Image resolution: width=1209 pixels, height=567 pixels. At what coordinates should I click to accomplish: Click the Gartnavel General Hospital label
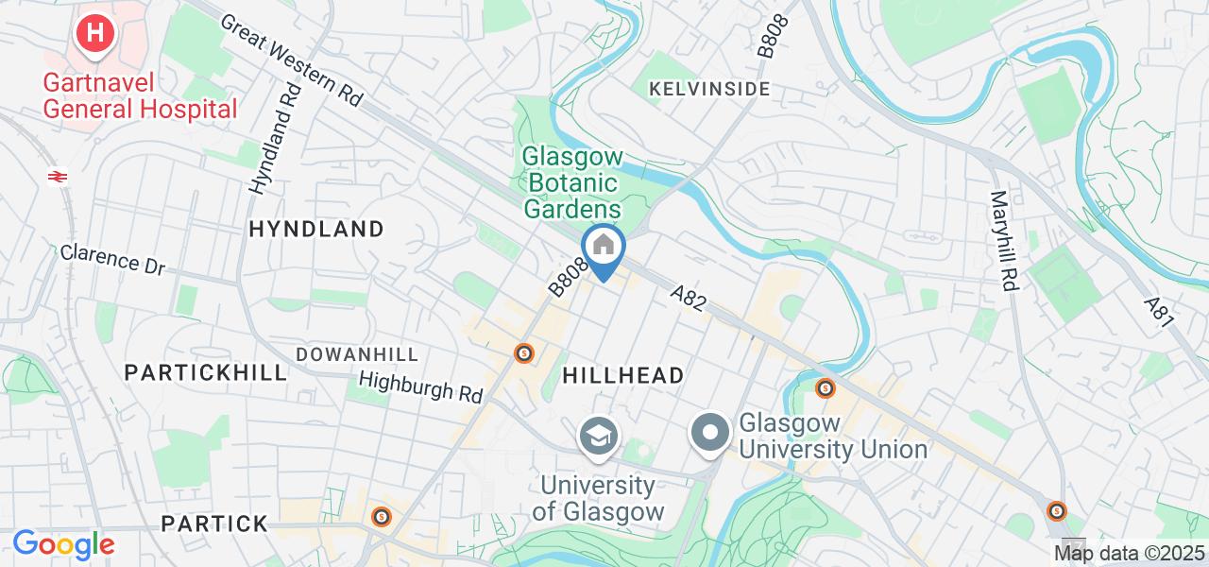coord(140,95)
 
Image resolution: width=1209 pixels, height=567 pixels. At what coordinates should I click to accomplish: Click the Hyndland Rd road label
coord(275,139)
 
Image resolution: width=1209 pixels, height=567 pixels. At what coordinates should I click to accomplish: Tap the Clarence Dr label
coord(112,260)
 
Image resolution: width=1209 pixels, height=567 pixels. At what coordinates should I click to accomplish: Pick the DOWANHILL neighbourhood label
coord(356,353)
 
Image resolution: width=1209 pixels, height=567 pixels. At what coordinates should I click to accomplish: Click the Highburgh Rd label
coord(422,386)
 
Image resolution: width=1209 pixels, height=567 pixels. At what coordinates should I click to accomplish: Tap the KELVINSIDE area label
coord(708,89)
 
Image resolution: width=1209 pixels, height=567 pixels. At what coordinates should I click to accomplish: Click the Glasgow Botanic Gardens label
coord(572,182)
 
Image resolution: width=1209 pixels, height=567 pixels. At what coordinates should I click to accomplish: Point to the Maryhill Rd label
coord(1002,241)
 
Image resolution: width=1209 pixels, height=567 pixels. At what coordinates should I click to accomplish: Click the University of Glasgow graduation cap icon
coord(599,436)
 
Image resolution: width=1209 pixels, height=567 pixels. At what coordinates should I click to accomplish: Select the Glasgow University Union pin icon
coord(710,434)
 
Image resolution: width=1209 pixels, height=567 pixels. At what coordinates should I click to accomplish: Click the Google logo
coord(63,545)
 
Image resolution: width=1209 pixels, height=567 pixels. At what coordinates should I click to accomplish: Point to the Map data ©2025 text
coord(1130,553)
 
